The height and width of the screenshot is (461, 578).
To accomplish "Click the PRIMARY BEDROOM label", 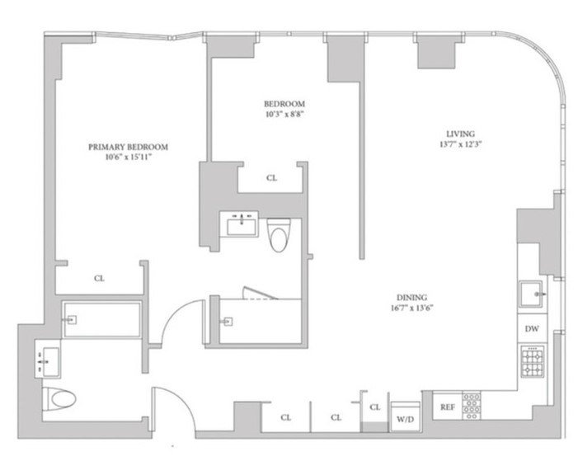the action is (x=128, y=147).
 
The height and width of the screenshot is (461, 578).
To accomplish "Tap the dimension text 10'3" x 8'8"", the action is (x=284, y=114).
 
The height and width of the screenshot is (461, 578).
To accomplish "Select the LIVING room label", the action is (x=460, y=134).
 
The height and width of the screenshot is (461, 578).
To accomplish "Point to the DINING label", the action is (x=411, y=297).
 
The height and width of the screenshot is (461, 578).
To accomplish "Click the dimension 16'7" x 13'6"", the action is (x=411, y=308).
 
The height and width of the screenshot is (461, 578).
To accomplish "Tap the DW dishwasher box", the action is (x=532, y=328).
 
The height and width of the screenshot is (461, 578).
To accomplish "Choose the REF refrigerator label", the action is (x=448, y=407).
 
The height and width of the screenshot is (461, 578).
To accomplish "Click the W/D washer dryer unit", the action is (x=405, y=416).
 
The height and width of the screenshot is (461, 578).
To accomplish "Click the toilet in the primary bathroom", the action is (x=59, y=399).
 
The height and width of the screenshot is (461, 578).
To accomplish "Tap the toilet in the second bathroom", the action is (x=279, y=234).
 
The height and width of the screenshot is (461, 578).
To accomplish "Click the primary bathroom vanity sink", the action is (x=49, y=362).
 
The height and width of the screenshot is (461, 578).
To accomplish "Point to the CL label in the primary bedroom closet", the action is (x=99, y=278).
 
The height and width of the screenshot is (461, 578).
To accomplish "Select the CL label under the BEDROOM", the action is (x=271, y=178).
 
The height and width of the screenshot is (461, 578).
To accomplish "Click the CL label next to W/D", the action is (x=375, y=407).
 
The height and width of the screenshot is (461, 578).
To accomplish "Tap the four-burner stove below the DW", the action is (x=533, y=361).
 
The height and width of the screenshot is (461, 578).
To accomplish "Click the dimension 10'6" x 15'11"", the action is (x=128, y=158).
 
